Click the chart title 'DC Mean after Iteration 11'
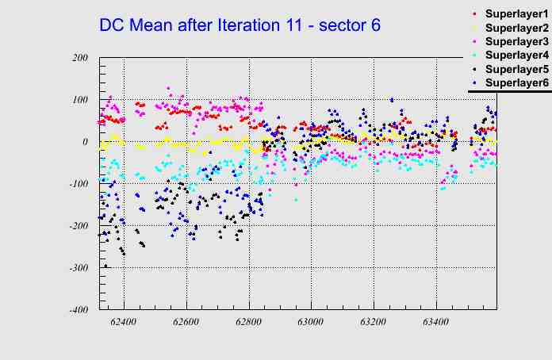(240, 25)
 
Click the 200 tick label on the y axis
(79, 58)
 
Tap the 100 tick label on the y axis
(79, 100)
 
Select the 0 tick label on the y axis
(84, 142)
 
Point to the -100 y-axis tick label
(78, 184)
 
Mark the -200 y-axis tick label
(78, 226)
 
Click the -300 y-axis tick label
(78, 268)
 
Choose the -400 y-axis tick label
(78, 310)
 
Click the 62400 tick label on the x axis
(124, 323)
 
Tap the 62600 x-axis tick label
(186, 323)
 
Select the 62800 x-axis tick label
(249, 323)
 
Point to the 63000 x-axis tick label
(311, 323)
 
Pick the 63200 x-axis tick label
(374, 323)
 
